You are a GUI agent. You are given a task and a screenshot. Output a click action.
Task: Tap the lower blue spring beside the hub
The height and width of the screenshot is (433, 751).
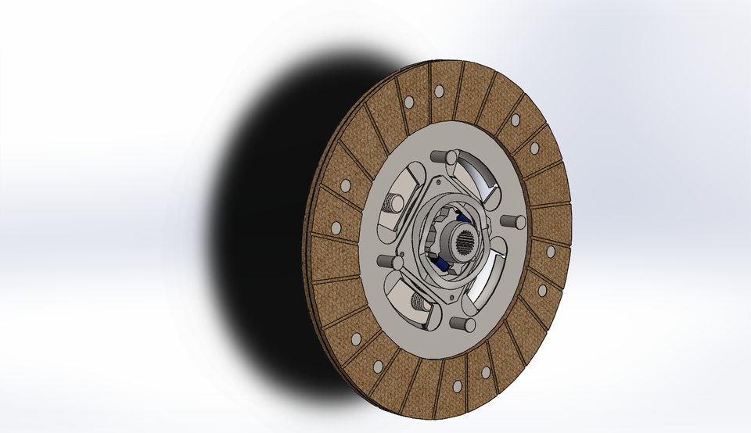click(x=444, y=265)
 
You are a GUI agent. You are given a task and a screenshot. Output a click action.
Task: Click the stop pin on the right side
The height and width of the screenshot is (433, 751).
click(x=513, y=222)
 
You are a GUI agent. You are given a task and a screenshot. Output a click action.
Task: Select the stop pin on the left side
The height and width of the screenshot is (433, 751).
click(x=385, y=261)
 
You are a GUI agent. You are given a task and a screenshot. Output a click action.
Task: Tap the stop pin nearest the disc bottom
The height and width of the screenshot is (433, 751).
click(x=463, y=323)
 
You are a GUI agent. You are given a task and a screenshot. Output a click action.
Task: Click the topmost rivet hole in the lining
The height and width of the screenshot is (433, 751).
click(x=438, y=91)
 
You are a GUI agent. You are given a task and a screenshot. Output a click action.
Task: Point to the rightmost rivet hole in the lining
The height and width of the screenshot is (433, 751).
click(x=551, y=252)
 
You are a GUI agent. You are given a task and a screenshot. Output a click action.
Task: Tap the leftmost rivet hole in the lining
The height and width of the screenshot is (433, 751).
click(x=336, y=228)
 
